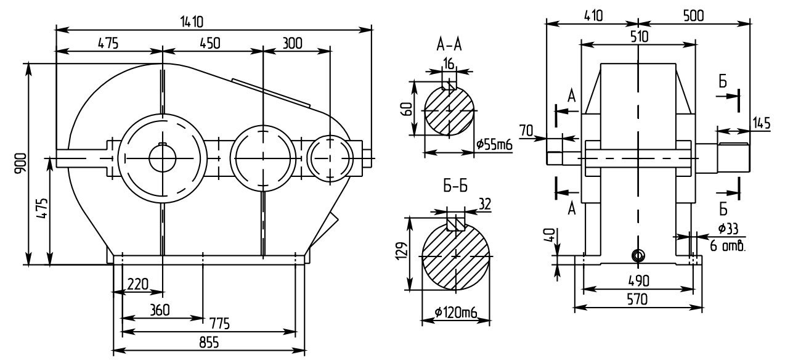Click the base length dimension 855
[208, 343]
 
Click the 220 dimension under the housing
[137, 284]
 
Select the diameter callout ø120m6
[456, 313]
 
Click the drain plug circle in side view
[638, 255]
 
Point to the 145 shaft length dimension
[762, 123]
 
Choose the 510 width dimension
[638, 36]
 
